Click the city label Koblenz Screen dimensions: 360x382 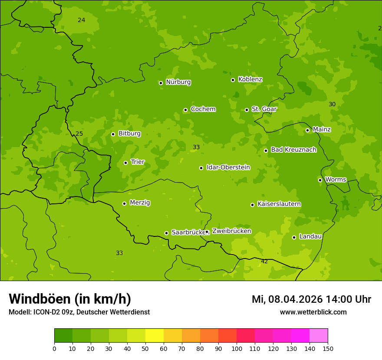pyautogui.click(x=250, y=79)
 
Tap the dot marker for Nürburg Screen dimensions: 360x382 pyautogui.click(x=161, y=83)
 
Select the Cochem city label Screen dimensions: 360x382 pyautogui.click(x=203, y=109)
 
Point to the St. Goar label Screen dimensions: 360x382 pyautogui.click(x=264, y=109)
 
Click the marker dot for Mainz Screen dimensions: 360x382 pyautogui.click(x=307, y=130)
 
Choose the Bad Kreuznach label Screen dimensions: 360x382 pyautogui.click(x=293, y=150)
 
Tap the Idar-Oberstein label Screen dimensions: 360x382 pyautogui.click(x=228, y=167)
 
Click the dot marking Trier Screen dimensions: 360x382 pyautogui.click(x=125, y=163)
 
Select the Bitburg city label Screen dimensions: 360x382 pyautogui.click(x=129, y=134)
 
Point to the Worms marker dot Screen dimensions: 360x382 pyautogui.click(x=320, y=180)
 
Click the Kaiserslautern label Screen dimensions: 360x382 pyautogui.click(x=279, y=204)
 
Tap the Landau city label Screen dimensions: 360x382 pyautogui.click(x=310, y=237)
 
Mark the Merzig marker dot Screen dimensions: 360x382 pyautogui.click(x=124, y=203)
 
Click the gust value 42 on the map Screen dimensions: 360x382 pyautogui.click(x=264, y=261)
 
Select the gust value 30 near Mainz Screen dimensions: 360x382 pyautogui.click(x=332, y=104)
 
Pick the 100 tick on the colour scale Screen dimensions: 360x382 pyautogui.click(x=237, y=348)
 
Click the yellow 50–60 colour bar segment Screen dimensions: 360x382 pyautogui.click(x=154, y=336)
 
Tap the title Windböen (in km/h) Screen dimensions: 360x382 pyautogui.click(x=69, y=299)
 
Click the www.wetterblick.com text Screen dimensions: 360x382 pyautogui.click(x=313, y=312)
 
